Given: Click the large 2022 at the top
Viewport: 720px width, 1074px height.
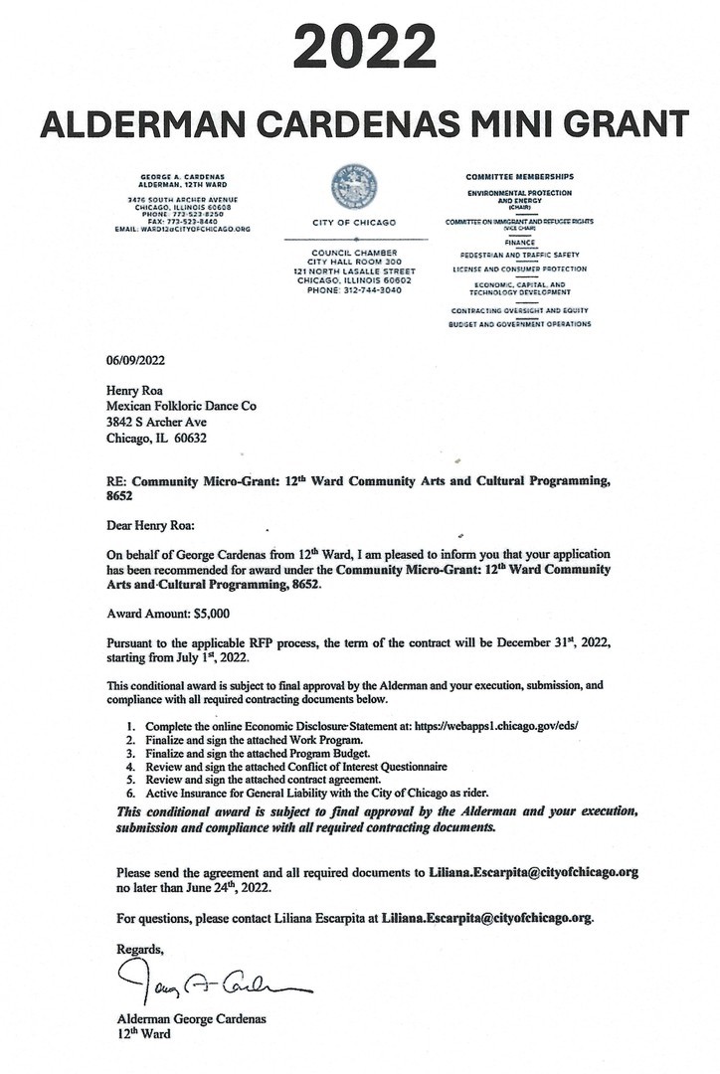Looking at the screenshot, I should (x=359, y=48).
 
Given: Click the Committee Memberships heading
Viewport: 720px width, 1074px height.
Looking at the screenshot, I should (x=519, y=176).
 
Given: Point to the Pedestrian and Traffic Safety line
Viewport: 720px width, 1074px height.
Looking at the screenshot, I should (x=519, y=255).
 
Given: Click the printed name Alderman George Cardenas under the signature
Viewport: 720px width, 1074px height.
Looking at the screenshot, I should (x=191, y=1019).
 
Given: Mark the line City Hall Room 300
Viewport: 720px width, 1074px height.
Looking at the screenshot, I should (x=354, y=262).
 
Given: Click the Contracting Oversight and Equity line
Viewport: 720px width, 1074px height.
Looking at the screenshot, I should (x=519, y=310).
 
